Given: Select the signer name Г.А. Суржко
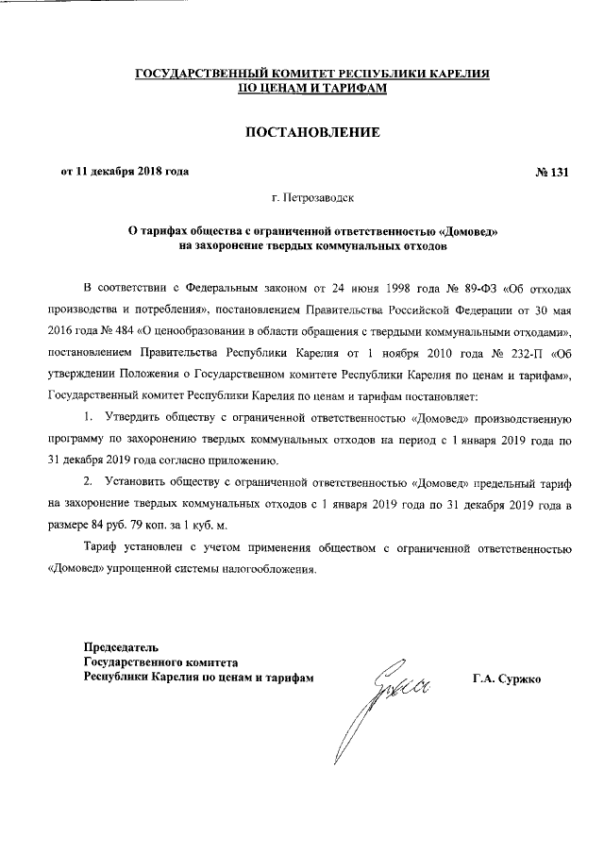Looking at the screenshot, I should pyautogui.click(x=506, y=678).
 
